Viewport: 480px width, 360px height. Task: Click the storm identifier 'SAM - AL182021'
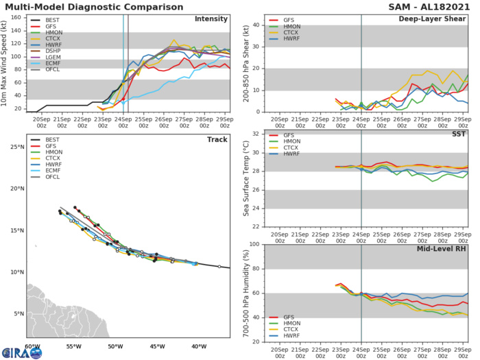click(431, 5)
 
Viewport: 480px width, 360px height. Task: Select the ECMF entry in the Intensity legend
click(49, 62)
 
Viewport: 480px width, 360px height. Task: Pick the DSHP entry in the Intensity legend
click(49, 49)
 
